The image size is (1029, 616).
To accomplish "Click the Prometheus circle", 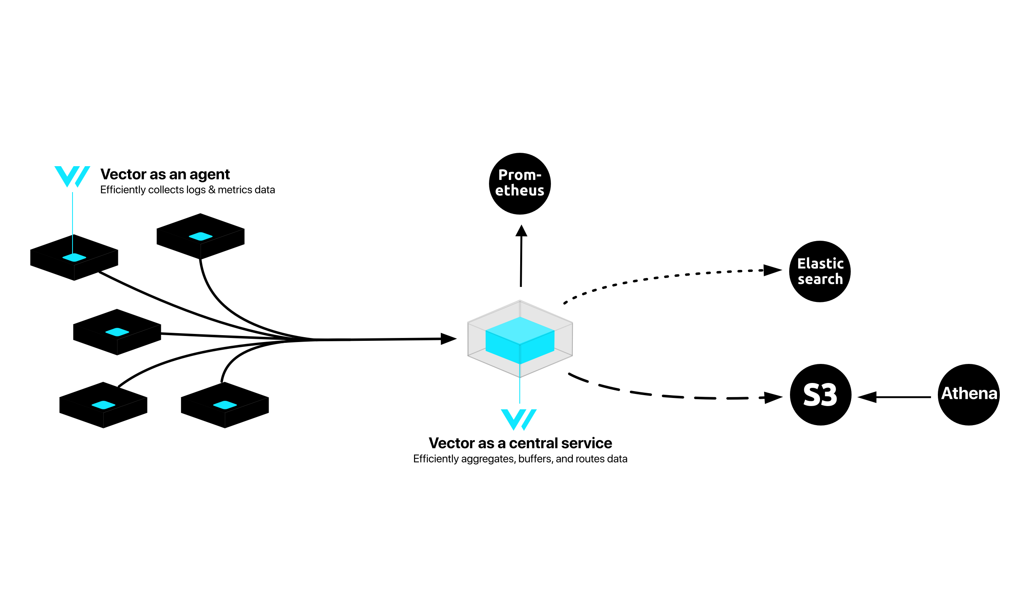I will point(519,184).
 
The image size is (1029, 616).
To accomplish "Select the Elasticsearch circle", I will point(820,271).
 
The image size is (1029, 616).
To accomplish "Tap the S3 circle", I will point(820,395).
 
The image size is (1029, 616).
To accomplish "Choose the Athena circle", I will point(968,395).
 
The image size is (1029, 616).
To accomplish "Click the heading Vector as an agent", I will point(165,174).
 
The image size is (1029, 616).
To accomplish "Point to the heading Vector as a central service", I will point(520,443).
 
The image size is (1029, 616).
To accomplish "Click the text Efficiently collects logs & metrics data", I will point(187,190).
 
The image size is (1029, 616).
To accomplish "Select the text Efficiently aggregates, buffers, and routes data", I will point(520,459).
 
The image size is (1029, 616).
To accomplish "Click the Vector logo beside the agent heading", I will point(72,176).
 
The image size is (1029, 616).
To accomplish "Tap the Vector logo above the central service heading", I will point(518,419).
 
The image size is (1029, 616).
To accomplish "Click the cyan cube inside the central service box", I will point(520,340).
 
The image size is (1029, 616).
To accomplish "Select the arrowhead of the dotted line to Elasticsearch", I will point(772,270).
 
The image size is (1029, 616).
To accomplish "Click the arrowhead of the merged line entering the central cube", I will point(448,339).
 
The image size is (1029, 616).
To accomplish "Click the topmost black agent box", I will point(201,236).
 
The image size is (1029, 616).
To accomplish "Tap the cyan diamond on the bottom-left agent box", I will point(103,405).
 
